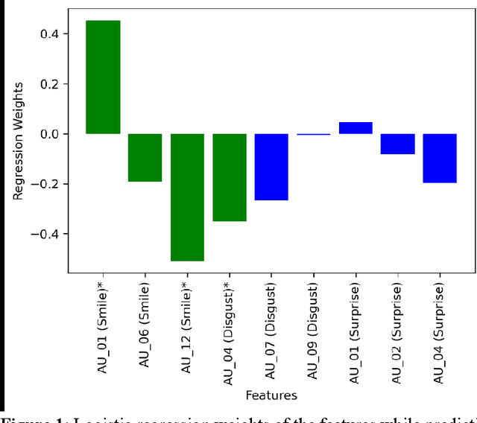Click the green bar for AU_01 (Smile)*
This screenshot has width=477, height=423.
click(103, 77)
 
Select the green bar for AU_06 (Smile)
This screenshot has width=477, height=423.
click(145, 157)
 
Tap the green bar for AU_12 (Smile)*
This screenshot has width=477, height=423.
click(187, 197)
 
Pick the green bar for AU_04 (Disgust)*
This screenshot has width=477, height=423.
click(230, 177)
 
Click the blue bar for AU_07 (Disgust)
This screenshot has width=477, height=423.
click(271, 167)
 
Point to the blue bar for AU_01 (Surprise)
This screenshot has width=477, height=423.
click(356, 128)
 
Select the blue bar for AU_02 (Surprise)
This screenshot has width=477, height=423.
click(397, 144)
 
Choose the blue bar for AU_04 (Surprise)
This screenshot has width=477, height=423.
click(440, 158)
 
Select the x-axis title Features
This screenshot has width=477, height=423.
click(271, 395)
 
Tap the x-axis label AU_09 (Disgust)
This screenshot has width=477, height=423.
click(314, 331)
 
